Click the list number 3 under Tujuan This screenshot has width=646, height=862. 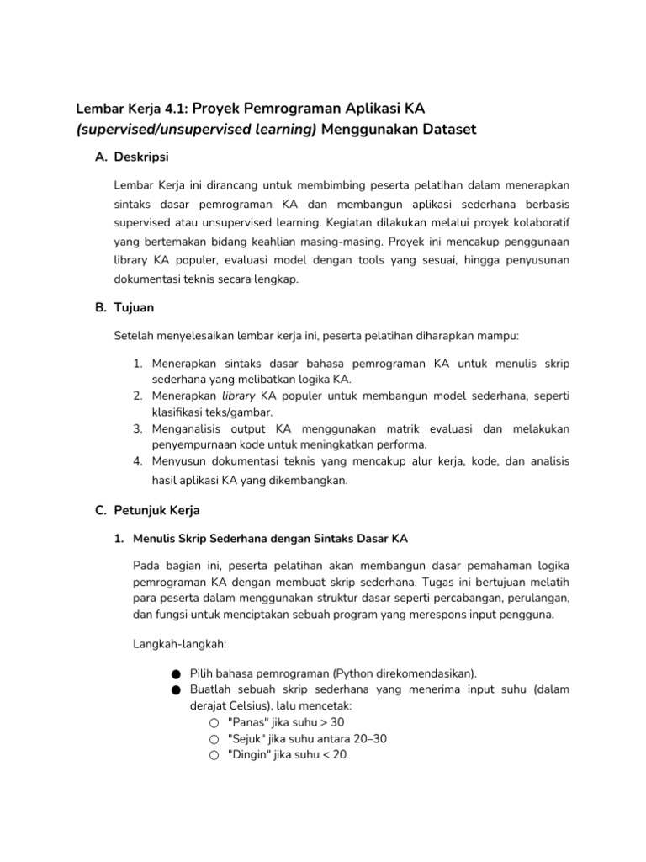[138, 428]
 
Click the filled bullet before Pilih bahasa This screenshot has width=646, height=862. [174, 674]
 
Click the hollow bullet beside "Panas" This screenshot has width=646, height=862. [214, 722]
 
